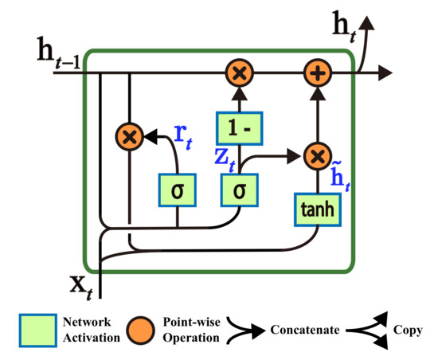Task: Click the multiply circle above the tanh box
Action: (x=317, y=155)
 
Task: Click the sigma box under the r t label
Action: (x=175, y=191)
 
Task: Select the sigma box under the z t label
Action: (x=238, y=191)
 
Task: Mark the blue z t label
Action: (x=225, y=157)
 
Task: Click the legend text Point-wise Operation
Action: (x=192, y=330)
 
